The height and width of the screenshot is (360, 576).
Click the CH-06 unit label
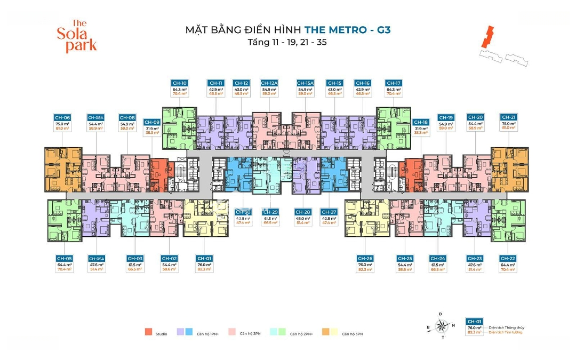point(62,117)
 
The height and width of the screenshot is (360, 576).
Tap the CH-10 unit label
point(179,83)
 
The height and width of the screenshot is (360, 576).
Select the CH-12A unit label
point(268,83)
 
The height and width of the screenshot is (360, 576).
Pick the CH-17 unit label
point(393,83)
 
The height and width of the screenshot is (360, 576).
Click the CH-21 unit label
point(508,117)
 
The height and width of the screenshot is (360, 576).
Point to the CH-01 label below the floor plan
point(204,259)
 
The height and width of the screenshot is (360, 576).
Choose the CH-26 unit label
point(365,259)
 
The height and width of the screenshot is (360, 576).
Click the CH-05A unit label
point(97,259)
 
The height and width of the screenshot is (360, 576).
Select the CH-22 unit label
point(507,259)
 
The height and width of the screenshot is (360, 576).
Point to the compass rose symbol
point(441,325)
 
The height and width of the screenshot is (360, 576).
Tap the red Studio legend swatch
point(148,332)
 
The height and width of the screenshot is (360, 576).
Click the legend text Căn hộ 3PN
point(353,334)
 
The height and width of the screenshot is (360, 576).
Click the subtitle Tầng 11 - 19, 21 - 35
point(287,42)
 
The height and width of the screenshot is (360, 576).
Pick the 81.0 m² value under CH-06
point(62,128)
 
